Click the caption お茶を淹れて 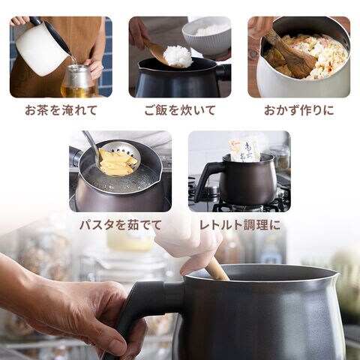point(61,110)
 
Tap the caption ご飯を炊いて point(180,110)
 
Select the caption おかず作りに point(299,110)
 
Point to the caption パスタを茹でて point(121,225)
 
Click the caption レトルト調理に point(239,225)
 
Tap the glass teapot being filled point(78,80)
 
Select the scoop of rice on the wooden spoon point(178,56)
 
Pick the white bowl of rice point(206,37)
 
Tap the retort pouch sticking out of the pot point(244,150)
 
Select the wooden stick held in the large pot point(217,269)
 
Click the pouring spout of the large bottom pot point(334,274)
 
